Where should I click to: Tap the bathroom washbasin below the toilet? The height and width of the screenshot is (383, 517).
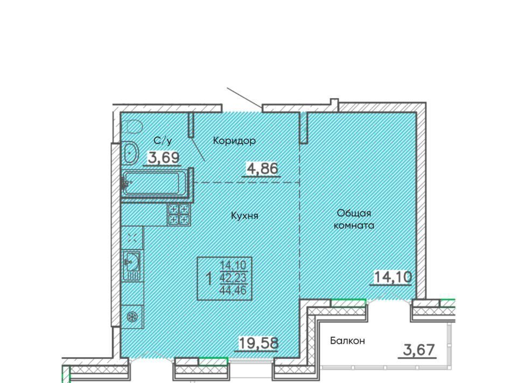click(130, 154)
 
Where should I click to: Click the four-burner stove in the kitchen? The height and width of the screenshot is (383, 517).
click(179, 214)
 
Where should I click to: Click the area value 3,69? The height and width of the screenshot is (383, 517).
click(164, 158)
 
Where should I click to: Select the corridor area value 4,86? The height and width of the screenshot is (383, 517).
click(262, 169)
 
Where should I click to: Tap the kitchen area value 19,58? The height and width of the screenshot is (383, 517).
click(258, 343)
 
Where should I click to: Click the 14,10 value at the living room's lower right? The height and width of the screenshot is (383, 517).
click(393, 277)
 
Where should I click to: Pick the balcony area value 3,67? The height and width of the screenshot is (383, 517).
click(419, 350)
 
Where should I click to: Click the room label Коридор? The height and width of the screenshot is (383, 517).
click(234, 141)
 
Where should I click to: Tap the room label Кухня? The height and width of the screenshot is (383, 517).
click(244, 216)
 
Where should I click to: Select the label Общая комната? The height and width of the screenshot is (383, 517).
click(354, 219)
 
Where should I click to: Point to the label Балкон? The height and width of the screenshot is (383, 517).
click(347, 340)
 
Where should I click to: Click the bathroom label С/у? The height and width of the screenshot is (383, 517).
click(163, 141)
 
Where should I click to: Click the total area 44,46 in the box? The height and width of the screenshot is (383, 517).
click(233, 291)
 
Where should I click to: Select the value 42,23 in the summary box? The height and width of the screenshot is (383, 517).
click(233, 278)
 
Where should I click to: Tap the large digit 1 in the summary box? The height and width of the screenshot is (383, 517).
click(209, 279)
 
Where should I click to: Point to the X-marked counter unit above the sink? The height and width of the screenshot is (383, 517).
click(132, 238)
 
